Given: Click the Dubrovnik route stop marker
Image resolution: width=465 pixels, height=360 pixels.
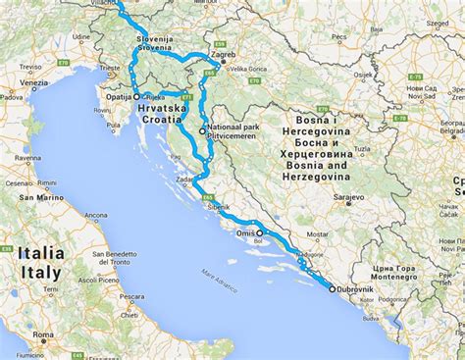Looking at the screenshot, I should coord(332,289).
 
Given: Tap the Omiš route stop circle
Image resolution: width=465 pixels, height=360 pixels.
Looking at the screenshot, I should coord(260,232).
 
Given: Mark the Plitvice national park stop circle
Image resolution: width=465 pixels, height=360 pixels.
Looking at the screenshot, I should coord(202,130).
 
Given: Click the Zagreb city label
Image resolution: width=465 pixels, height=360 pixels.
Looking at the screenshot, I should coord(224,57).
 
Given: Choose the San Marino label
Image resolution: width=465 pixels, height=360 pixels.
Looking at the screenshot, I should coord(38,198).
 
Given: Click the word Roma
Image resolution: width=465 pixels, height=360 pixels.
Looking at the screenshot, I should coord(43,336).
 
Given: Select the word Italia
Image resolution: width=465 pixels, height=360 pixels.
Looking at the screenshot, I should coord(39,253).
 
